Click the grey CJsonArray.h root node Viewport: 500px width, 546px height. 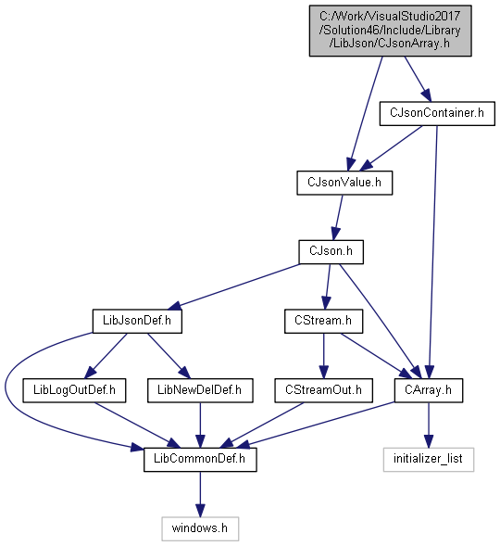[x=390, y=31]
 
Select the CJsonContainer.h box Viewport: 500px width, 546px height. [x=437, y=113]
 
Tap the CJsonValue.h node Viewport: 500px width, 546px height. [x=344, y=183]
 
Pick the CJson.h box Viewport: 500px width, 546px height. [x=331, y=252]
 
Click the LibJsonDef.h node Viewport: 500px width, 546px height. [x=137, y=321]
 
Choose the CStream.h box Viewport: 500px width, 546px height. [x=323, y=321]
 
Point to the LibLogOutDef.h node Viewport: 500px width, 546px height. [x=74, y=390]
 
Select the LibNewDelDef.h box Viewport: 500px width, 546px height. [x=200, y=390]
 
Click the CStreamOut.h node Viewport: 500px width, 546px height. [x=323, y=390]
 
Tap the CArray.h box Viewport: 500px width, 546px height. [x=429, y=390]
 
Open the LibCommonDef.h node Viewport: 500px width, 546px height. [x=200, y=460]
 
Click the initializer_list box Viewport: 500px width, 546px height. [x=429, y=460]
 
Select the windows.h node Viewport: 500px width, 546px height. [x=200, y=529]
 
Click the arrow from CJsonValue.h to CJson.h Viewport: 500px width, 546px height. [x=338, y=217]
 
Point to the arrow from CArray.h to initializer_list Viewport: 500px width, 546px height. [x=429, y=425]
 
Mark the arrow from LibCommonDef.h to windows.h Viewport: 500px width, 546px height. [x=200, y=494]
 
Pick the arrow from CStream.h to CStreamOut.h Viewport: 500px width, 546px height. [x=323, y=356]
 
